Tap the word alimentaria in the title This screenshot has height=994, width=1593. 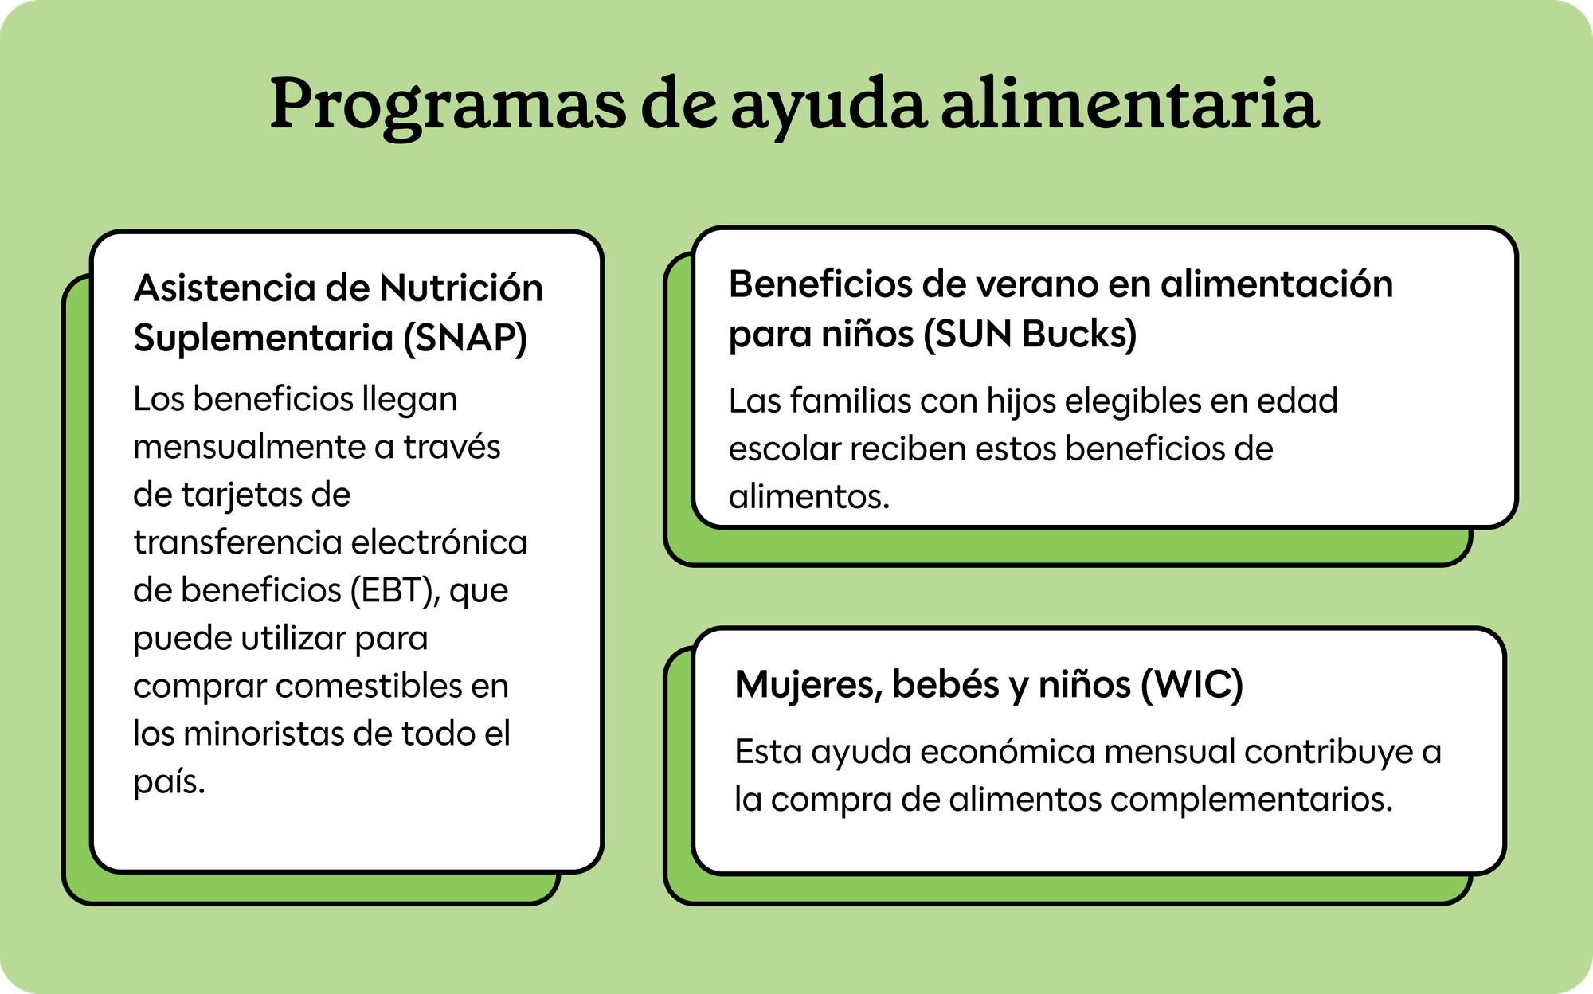click(x=1130, y=103)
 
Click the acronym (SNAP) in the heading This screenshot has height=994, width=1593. click(x=465, y=338)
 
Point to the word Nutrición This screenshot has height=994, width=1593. click(x=461, y=288)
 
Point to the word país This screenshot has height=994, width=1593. click(x=170, y=782)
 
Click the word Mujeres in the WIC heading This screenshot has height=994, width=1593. click(x=808, y=685)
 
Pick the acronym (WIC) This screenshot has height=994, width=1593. click(x=1192, y=685)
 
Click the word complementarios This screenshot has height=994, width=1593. click(x=1251, y=800)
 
